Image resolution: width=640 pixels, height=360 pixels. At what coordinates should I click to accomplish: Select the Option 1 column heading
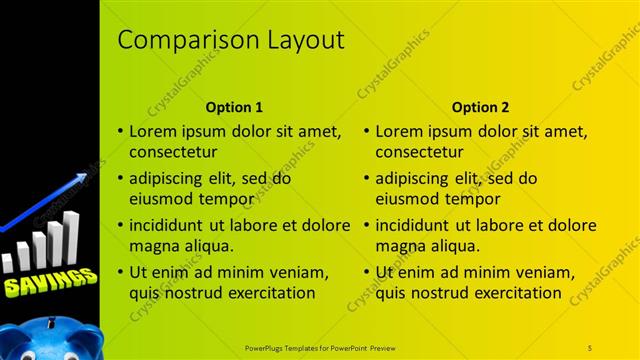(x=234, y=107)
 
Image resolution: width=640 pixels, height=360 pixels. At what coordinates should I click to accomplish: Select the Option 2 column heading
(x=480, y=107)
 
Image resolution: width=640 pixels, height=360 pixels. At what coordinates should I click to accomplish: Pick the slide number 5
(x=590, y=347)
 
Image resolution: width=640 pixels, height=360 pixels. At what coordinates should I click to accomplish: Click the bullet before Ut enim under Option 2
(x=367, y=272)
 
